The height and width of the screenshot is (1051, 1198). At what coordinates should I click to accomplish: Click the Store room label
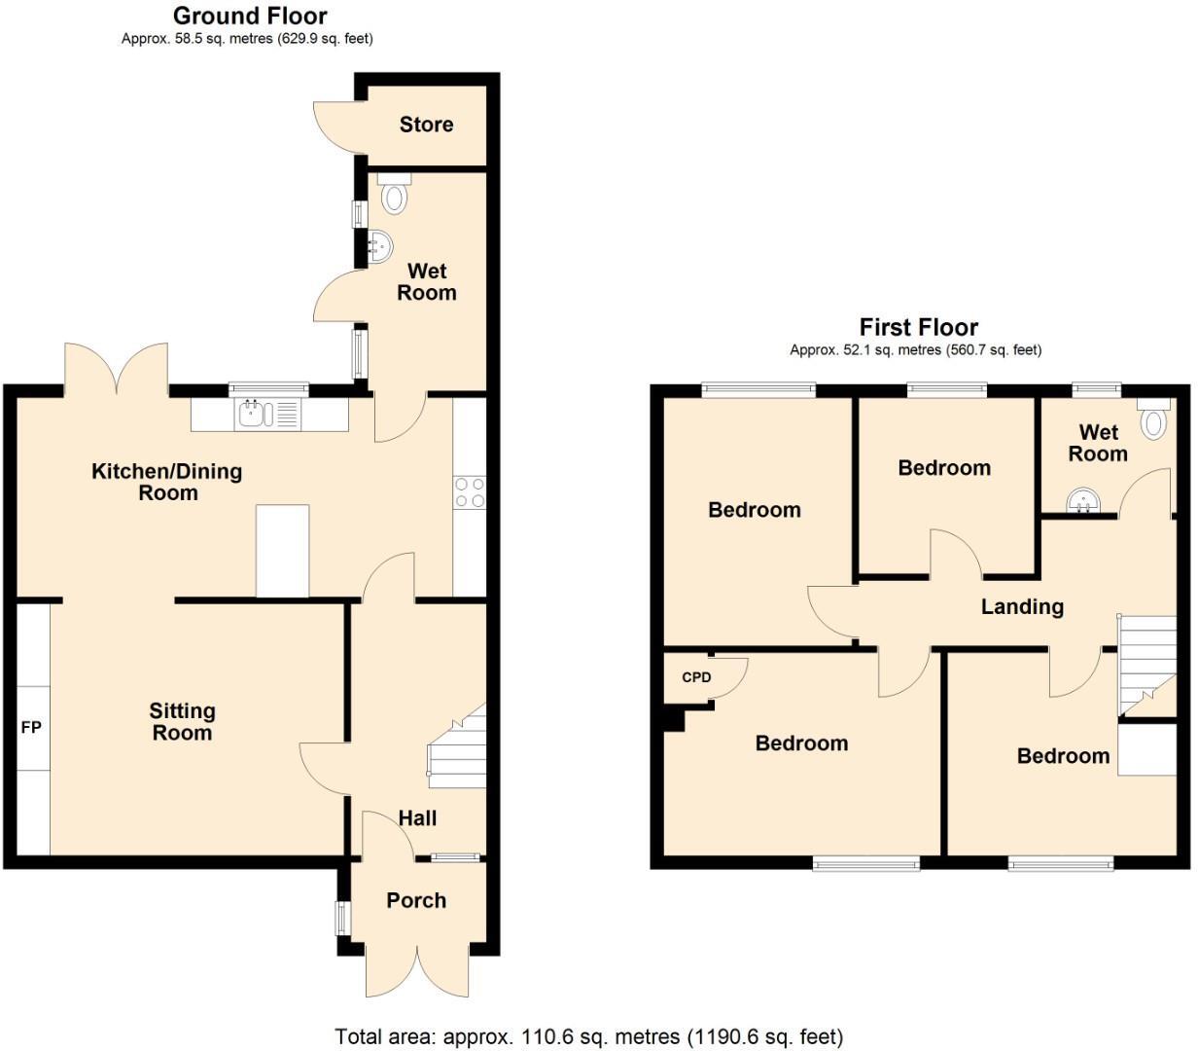pyautogui.click(x=426, y=125)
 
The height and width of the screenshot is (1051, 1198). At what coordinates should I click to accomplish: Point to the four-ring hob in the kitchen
pyautogui.click(x=470, y=491)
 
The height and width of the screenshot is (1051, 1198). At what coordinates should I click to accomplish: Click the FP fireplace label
pyautogui.click(x=31, y=727)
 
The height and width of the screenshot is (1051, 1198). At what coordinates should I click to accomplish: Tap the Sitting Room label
pyautogui.click(x=182, y=722)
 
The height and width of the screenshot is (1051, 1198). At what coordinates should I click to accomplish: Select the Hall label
pyautogui.click(x=417, y=818)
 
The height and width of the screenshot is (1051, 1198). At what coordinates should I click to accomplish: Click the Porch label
pyautogui.click(x=416, y=900)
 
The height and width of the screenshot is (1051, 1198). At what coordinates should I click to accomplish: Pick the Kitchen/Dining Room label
pyautogui.click(x=166, y=482)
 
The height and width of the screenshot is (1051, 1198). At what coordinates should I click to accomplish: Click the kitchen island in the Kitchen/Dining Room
pyautogui.click(x=282, y=550)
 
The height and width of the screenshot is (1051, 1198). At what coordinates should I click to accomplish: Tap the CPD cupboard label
pyautogui.click(x=696, y=677)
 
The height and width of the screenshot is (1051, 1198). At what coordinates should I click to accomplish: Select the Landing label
pyautogui.click(x=1022, y=607)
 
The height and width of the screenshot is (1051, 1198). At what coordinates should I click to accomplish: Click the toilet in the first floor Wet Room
pyautogui.click(x=1154, y=418)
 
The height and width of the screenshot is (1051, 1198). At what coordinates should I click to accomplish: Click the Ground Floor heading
pyautogui.click(x=250, y=17)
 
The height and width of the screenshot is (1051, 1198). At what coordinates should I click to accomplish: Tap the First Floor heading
pyautogui.click(x=918, y=327)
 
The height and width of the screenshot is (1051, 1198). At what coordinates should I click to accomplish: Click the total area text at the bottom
pyautogui.click(x=588, y=1036)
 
